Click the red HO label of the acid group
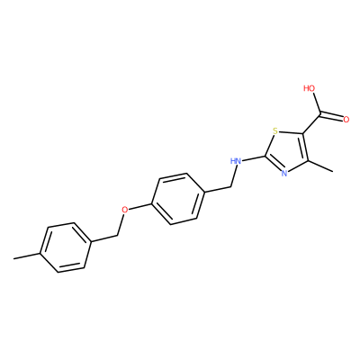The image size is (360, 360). [310, 88]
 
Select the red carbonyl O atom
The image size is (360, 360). [346, 120]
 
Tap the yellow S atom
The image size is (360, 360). [275, 130]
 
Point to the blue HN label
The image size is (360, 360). [236, 161]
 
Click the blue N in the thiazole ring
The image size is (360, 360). [284, 173]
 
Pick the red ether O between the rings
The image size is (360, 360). [125, 210]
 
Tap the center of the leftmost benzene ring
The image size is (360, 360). [66, 247]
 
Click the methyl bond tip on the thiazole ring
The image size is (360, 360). [333, 172]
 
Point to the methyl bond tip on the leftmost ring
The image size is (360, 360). [13, 258]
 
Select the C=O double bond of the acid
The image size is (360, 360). [331, 116]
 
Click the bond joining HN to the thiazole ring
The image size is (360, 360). [254, 158]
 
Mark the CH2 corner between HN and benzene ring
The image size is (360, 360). [230, 187]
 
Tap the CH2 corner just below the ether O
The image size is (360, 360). [117, 236]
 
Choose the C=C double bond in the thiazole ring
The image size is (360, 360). [305, 148]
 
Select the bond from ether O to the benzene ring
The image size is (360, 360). [139, 206]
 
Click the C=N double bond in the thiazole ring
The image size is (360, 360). [274, 164]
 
